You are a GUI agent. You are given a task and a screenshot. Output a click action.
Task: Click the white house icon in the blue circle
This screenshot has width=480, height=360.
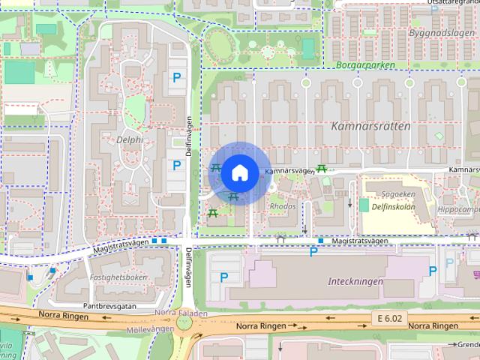[239, 172]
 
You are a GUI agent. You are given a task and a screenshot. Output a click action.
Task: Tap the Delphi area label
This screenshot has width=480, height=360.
[130, 139]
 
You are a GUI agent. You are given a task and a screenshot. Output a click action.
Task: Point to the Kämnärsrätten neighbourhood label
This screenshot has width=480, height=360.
[370, 126]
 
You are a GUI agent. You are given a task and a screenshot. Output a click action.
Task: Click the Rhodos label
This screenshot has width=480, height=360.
[283, 205]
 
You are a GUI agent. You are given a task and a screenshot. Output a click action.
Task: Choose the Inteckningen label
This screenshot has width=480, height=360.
[355, 282]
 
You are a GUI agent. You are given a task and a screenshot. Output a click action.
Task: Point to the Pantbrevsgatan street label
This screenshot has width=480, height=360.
[109, 306]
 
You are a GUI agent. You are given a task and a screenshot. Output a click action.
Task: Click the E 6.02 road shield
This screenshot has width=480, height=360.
[390, 319]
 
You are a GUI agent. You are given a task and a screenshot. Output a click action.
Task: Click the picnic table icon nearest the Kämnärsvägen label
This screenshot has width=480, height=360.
[321, 168]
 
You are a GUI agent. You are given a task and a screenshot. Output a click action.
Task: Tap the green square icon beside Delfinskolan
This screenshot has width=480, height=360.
[364, 205]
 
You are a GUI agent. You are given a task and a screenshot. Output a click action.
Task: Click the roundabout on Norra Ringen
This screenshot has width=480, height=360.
[184, 323]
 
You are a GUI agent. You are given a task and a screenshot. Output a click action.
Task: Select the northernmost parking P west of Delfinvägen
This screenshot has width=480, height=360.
[177, 77]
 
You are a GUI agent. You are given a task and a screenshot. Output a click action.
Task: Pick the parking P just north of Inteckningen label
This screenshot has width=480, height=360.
[313, 252]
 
